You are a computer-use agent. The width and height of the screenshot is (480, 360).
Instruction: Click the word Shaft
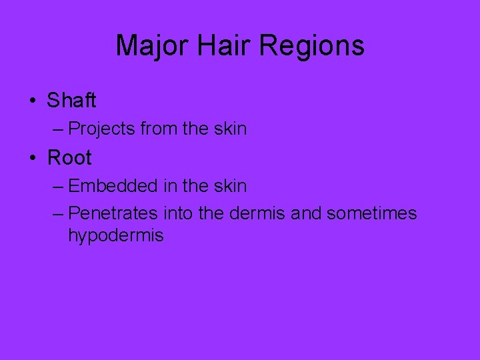pyautogui.click(x=71, y=101)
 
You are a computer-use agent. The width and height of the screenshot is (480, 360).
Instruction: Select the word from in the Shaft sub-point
pyautogui.click(x=159, y=128)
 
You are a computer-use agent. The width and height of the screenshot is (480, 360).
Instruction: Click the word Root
pyautogui.click(x=69, y=158)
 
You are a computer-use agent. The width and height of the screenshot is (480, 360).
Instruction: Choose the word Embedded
pyautogui.click(x=110, y=185)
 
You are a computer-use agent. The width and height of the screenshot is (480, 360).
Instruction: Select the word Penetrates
pyautogui.click(x=113, y=213)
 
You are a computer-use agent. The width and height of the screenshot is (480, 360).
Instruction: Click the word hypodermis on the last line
pyautogui.click(x=115, y=236)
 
